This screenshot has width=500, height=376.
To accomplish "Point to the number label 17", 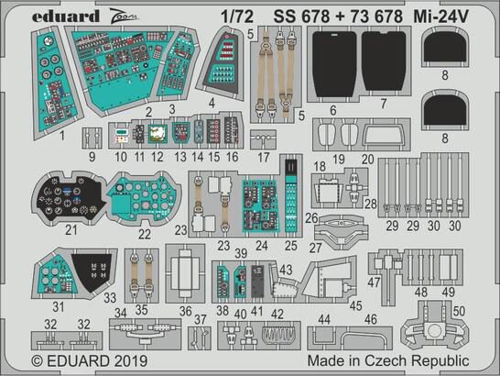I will coord(265,158).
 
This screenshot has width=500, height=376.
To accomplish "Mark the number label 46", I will coord(371,318).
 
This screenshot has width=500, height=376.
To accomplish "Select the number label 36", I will coord(184,312).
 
